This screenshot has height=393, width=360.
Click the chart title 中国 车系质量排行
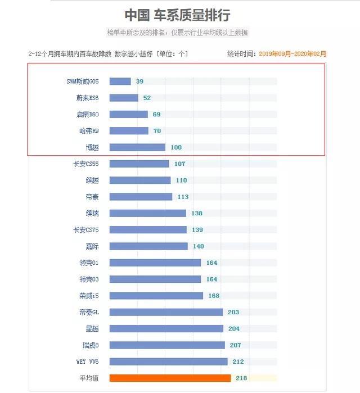(x=177, y=15)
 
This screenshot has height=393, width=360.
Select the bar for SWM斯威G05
(x=120, y=82)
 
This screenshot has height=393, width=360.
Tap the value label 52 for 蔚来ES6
(x=147, y=98)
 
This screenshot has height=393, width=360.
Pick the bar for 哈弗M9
(x=129, y=130)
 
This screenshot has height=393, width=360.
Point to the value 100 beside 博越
(x=176, y=147)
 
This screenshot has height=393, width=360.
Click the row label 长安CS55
(x=85, y=164)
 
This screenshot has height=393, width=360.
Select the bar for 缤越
(x=140, y=180)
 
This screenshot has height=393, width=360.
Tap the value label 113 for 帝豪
(x=183, y=197)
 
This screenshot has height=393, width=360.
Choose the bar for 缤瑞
(x=147, y=213)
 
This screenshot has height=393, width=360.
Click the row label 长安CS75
(x=85, y=229)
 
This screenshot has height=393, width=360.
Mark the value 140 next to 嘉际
(x=198, y=246)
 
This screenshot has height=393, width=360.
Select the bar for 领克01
(x=155, y=263)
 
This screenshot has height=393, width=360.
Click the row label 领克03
(x=89, y=279)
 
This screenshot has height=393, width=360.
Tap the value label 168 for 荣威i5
(x=214, y=296)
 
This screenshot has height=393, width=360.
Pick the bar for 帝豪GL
(x=166, y=312)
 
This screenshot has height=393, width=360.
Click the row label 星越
(x=92, y=328)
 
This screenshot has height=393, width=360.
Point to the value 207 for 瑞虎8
(x=235, y=345)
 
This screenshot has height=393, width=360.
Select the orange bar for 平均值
(x=170, y=378)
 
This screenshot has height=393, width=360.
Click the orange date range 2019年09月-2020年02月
(x=292, y=54)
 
